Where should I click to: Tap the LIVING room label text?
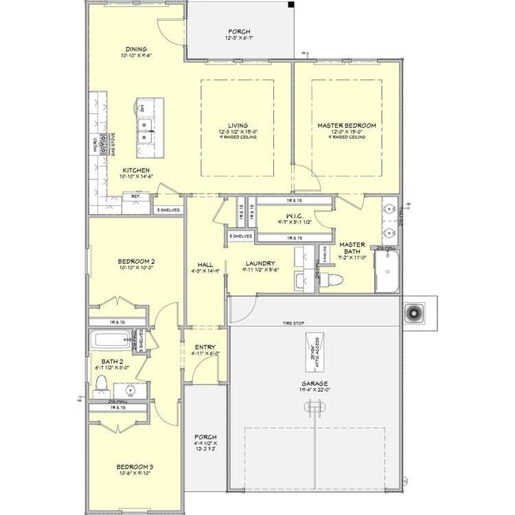pos(238,126)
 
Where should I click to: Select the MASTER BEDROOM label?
pos(347,126)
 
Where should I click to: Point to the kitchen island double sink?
pos(145,131)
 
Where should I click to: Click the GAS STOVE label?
pos(112,144)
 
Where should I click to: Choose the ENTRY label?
pos(205,347)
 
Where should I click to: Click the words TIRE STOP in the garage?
pos(293,323)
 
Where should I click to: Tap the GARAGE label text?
pos(314,384)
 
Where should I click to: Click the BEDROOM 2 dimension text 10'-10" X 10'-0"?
pos(134,268)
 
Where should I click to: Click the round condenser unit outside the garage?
pos(415,313)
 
